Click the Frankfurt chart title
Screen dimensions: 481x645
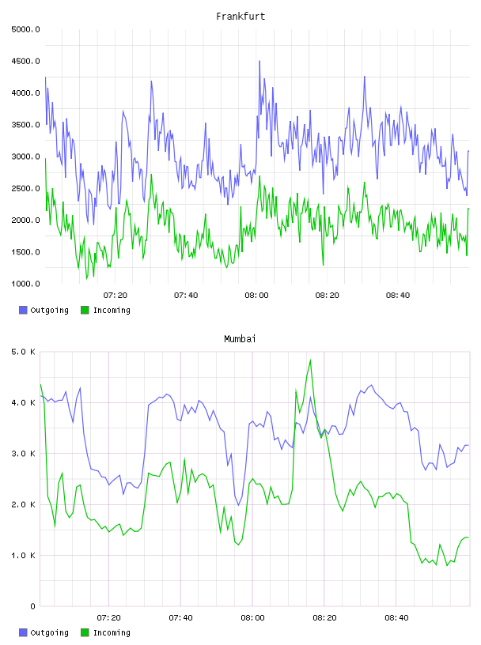[x=240, y=17]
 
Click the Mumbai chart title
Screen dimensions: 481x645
[x=240, y=339]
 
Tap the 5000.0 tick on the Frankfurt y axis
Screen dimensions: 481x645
[x=25, y=29]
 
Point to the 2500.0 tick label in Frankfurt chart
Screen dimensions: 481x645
[x=25, y=188]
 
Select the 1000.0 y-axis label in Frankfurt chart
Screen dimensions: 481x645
[x=25, y=284]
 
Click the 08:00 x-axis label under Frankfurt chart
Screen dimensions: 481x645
[x=256, y=296]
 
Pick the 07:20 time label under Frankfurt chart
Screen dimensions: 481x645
[x=116, y=296]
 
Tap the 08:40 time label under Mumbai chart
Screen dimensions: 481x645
[x=396, y=618]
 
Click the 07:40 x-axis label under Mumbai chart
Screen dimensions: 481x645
[x=181, y=618]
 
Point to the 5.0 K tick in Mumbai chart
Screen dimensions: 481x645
[x=23, y=352]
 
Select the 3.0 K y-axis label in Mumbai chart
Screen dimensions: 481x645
[x=23, y=454]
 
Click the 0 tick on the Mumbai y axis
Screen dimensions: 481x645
[x=32, y=606]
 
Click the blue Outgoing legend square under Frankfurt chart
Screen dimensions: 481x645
[x=23, y=310]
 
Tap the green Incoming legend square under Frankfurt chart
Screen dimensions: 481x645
[x=85, y=310]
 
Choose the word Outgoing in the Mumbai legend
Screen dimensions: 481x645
[x=49, y=632]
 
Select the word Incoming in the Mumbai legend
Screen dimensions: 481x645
[x=112, y=632]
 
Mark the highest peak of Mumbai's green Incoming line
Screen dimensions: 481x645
[x=310, y=360]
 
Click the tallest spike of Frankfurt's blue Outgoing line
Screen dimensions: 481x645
[x=259, y=61]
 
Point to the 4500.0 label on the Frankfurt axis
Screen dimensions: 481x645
[x=25, y=62]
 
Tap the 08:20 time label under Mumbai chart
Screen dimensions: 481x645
[x=324, y=618]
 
